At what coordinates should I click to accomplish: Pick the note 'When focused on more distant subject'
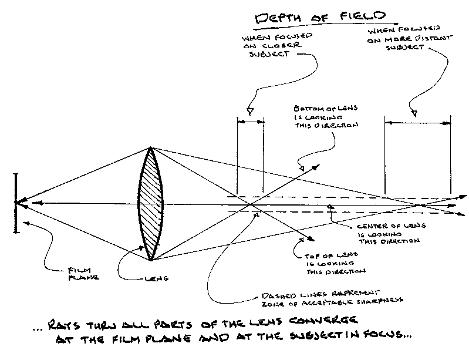(x=399, y=39)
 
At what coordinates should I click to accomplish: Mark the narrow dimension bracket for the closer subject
(x=251, y=121)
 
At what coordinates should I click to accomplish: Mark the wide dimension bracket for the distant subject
(x=417, y=123)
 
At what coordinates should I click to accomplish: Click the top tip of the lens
(x=151, y=148)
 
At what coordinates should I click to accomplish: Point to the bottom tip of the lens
(x=151, y=259)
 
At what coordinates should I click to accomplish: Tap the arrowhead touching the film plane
(x=21, y=203)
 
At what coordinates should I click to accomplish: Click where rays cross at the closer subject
(x=251, y=204)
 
